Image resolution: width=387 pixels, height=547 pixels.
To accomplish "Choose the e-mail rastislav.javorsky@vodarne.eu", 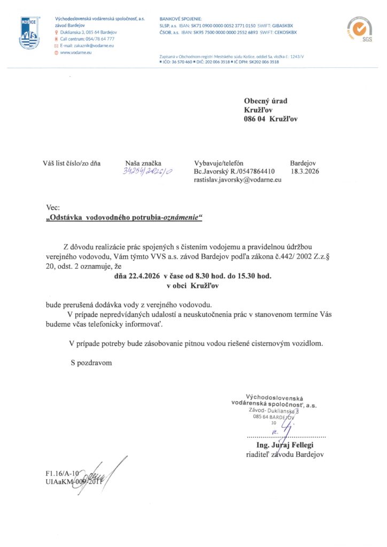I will (237, 181).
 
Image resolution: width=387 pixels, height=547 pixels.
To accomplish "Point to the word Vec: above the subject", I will (53, 207).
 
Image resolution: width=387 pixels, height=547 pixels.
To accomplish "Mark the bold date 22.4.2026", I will (142, 276).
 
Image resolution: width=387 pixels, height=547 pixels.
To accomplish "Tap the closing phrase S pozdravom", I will (91, 363).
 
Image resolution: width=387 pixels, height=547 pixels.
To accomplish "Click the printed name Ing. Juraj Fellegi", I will (285, 445).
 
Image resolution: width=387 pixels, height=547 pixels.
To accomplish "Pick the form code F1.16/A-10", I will (62, 473).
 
